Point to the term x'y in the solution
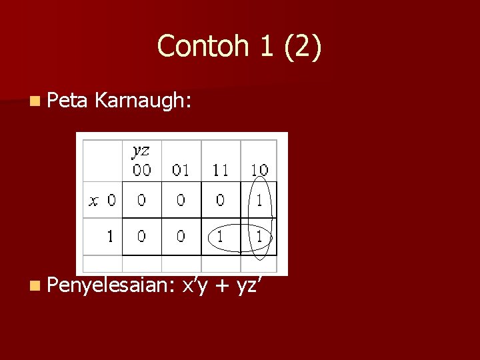tap(196, 287)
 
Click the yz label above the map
tap(141, 151)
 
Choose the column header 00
tap(141, 170)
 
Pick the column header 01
tap(181, 170)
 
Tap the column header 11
tap(220, 170)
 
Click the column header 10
tap(259, 170)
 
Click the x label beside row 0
tap(93, 200)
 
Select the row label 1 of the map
tap(109, 235)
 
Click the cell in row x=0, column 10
tap(259, 200)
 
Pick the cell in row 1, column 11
tap(220, 236)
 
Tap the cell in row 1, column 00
tap(141, 236)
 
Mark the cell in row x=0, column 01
tap(181, 200)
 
